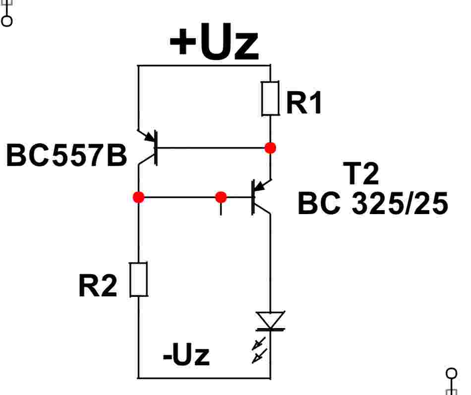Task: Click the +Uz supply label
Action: point(214,42)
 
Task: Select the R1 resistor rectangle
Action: point(270,98)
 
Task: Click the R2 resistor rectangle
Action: point(138,280)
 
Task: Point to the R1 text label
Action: point(304,103)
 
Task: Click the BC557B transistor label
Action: point(66,155)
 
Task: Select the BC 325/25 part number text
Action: point(373,203)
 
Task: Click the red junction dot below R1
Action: point(270,148)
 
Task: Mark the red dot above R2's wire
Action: point(138,197)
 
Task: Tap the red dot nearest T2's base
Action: point(221,197)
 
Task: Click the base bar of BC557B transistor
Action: point(156,148)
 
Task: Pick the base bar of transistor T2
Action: point(253,197)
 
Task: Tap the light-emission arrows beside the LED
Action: point(259,350)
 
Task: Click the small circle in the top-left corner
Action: point(6,21)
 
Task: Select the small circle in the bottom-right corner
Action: point(452,374)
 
